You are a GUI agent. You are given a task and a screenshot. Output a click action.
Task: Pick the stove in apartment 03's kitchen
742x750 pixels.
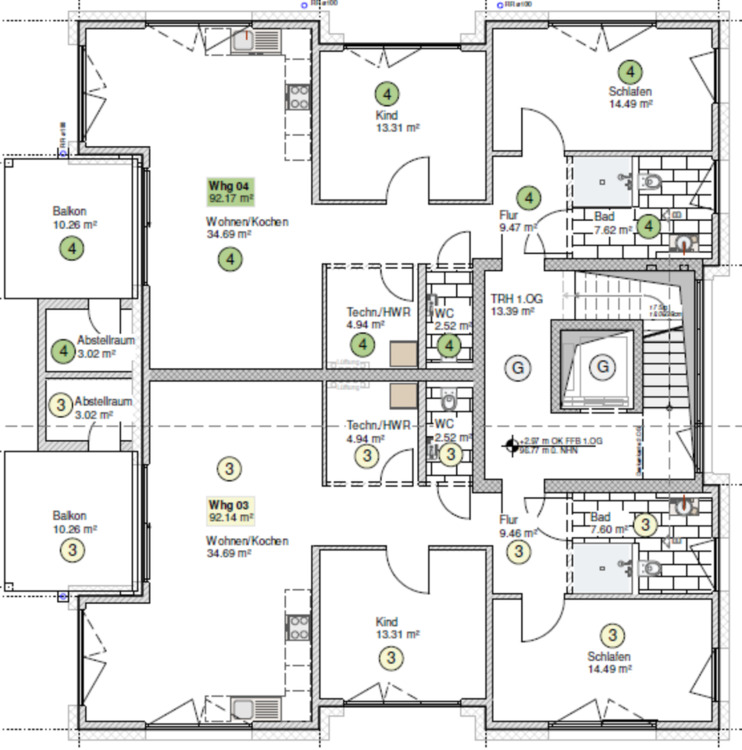(x=298, y=627)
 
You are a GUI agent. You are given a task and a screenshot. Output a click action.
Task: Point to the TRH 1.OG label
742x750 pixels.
(x=516, y=298)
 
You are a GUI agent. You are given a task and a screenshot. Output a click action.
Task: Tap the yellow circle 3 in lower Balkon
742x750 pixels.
(x=70, y=548)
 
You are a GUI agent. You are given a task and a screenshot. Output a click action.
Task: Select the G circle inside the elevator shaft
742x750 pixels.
(x=602, y=367)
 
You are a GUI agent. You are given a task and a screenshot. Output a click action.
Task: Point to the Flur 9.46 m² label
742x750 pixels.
(x=516, y=534)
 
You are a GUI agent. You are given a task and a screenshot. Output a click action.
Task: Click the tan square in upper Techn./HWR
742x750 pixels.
(x=404, y=355)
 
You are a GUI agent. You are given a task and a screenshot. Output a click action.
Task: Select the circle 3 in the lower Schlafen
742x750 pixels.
(x=613, y=634)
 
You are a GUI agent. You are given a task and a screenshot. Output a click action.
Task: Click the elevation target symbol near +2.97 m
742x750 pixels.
(x=512, y=440)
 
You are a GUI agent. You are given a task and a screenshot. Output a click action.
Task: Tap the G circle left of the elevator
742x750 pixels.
(x=518, y=367)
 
